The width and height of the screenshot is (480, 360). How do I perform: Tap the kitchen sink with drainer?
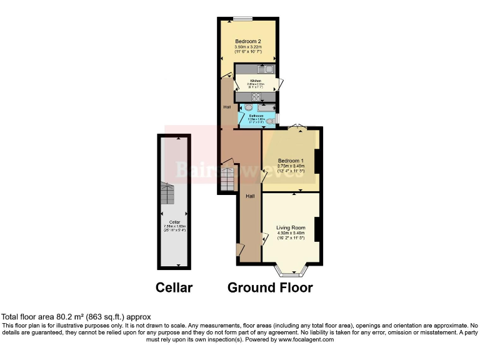(265, 69)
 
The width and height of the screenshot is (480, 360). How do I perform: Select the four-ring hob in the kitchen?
(256, 96)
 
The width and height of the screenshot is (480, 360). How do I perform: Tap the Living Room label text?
(290, 227)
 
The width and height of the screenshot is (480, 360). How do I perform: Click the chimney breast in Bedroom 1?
(318, 161)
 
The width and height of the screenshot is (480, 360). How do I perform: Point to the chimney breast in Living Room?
(318, 228)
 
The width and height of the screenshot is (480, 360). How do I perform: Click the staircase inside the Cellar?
(167, 194)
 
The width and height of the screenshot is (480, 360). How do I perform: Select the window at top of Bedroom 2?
(244, 18)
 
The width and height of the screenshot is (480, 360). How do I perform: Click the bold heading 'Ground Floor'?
(269, 287)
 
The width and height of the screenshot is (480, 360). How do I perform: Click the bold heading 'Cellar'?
(174, 287)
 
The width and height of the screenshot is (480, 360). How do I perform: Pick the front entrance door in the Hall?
(240, 250)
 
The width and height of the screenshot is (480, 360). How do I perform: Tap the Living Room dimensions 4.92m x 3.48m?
(290, 234)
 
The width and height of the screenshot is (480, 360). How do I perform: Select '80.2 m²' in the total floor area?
(66, 317)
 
